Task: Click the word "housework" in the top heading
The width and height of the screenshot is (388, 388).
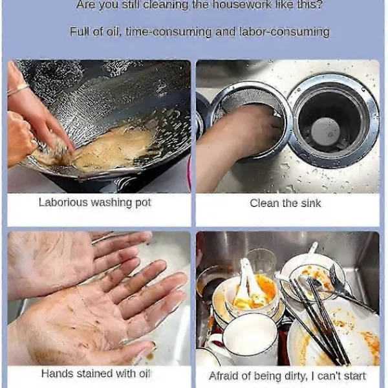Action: pos(242,5)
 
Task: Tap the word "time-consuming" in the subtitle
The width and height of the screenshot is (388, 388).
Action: pos(169,32)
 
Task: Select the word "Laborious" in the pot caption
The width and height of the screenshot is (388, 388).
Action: pos(63,202)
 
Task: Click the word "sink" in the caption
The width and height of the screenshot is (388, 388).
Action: pos(311,204)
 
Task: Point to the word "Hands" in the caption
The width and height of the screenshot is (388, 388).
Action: pos(58,373)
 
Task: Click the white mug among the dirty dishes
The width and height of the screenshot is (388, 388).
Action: pos(248,339)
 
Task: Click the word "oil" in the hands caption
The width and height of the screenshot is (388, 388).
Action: pos(145,373)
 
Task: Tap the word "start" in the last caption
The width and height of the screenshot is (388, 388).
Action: pos(354,376)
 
